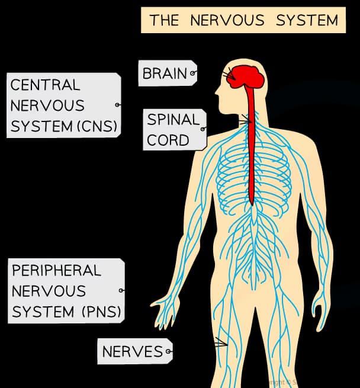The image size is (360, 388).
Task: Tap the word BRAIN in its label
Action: [164, 73]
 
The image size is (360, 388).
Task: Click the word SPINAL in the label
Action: [173, 119]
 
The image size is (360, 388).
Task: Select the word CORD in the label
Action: [168, 140]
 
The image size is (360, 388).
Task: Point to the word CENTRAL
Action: [44, 85]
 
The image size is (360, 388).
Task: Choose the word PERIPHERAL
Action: [56, 270]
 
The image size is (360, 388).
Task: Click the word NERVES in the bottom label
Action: [132, 351]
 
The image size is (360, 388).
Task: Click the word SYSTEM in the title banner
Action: [306, 20]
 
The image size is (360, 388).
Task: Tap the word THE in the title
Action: [164, 20]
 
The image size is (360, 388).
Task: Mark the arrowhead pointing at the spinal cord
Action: [248, 121]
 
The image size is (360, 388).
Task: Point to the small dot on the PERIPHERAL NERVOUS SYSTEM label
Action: [121, 290]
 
